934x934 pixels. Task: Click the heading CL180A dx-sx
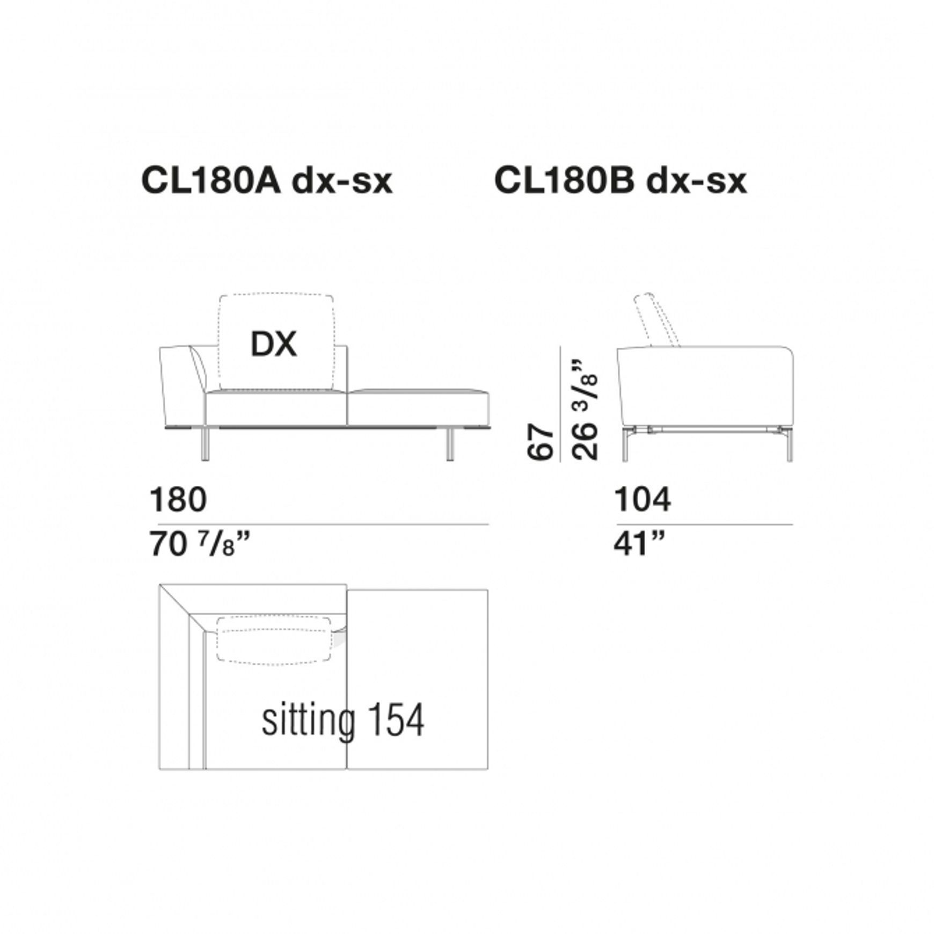pos(267,181)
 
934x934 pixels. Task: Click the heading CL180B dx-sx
pos(620,181)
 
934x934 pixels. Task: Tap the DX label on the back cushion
pos(274,344)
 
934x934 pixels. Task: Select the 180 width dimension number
pos(178,499)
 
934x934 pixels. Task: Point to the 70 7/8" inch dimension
pos(200,544)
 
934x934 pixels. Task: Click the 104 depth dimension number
pos(642,499)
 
